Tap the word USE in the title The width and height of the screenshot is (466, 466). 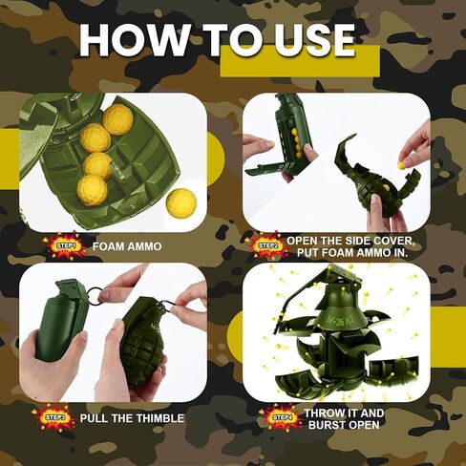pyautogui.click(x=307, y=41)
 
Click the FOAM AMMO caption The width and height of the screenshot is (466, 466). pyautogui.click(x=127, y=246)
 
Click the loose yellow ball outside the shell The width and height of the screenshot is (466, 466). pyautogui.click(x=180, y=201)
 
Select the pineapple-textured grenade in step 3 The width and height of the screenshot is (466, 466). pyautogui.click(x=141, y=344)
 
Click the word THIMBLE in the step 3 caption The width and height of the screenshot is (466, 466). pyautogui.click(x=160, y=418)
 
